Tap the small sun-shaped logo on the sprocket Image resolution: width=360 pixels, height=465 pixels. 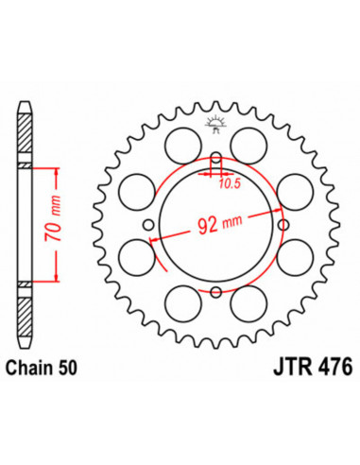click(x=217, y=122)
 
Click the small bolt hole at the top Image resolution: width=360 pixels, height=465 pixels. click(x=217, y=157)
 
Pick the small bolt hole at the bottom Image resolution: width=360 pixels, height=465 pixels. click(x=217, y=289)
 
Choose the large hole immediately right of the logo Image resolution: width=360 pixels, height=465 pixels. click(x=258, y=144)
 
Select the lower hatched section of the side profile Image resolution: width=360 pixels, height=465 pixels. click(x=26, y=311)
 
